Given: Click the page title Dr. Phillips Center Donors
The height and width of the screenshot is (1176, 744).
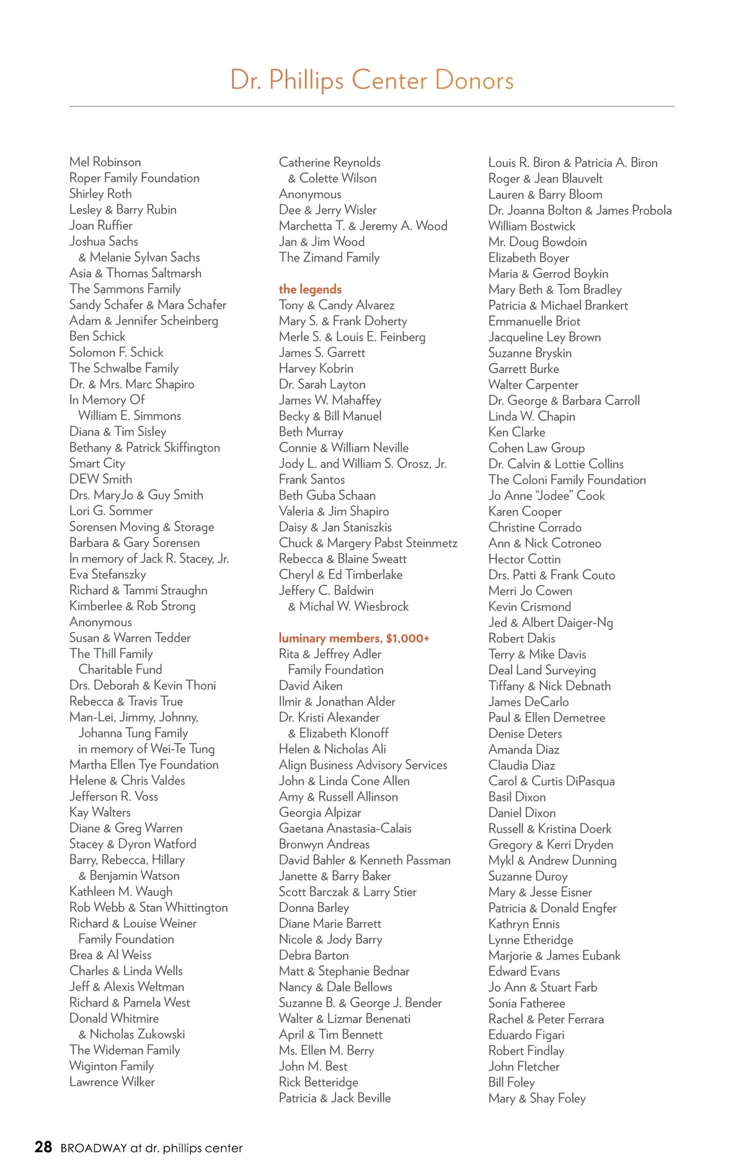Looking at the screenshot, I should (x=371, y=81).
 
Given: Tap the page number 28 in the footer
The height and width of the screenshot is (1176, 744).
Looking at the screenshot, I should (x=43, y=1147).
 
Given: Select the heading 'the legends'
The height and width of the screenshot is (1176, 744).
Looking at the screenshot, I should (x=310, y=289).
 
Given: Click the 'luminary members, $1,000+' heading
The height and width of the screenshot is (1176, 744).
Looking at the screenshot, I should (x=354, y=638).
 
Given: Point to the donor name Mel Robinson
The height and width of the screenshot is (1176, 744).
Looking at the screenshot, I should (x=105, y=162).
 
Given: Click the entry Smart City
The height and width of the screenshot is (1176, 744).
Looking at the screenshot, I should (x=97, y=463).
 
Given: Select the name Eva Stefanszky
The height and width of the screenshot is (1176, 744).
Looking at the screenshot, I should (x=108, y=574).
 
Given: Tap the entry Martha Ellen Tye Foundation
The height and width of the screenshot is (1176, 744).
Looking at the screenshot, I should (x=144, y=765).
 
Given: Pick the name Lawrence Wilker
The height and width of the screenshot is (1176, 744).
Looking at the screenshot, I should (x=112, y=1082).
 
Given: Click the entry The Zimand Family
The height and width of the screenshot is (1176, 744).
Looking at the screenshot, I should (x=329, y=258).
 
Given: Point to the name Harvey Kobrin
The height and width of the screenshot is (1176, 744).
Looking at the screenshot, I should (x=316, y=369).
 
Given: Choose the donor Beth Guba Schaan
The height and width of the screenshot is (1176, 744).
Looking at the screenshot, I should (x=327, y=496).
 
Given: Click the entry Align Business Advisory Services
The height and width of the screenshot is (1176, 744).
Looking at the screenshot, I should (x=363, y=765).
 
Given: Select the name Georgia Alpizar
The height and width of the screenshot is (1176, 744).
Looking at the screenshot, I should (x=320, y=812).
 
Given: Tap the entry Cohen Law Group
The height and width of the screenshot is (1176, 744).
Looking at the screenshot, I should (x=536, y=448).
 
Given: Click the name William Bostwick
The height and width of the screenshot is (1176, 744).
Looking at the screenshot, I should (x=531, y=226).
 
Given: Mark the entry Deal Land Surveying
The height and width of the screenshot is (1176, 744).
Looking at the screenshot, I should (x=542, y=670).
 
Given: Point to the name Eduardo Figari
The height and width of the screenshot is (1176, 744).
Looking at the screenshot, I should (x=526, y=1035).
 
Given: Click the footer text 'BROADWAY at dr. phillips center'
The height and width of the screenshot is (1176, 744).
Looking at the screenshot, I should (x=151, y=1148).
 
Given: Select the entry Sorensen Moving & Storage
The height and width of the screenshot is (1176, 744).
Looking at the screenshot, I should (x=142, y=527).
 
